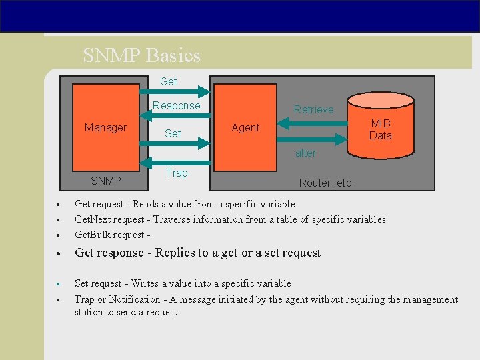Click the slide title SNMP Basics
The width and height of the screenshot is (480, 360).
141,55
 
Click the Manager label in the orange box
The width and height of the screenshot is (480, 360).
105,127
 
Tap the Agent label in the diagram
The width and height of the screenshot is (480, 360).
245,127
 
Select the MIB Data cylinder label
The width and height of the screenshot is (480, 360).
381,129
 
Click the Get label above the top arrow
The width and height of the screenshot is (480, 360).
169,81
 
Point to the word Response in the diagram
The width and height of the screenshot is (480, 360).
176,105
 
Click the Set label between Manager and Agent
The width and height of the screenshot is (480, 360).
173,133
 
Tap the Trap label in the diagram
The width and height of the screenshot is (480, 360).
177,173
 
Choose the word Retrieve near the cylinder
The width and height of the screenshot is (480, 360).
314,109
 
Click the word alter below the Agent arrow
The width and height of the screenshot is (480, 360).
305,153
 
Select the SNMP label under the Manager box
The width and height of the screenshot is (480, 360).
106,181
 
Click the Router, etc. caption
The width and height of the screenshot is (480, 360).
327,183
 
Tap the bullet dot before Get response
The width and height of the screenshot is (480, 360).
59,253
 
